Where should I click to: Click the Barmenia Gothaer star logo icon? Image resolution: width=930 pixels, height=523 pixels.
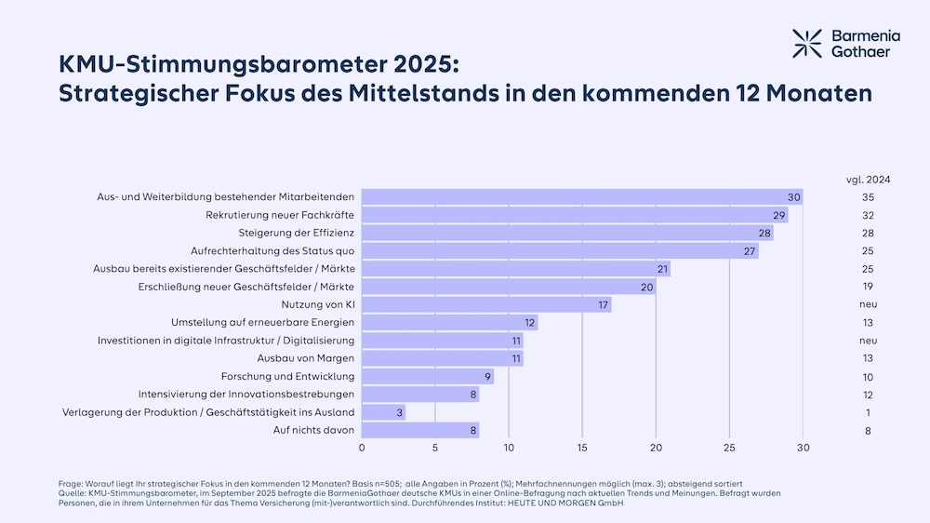(806, 43)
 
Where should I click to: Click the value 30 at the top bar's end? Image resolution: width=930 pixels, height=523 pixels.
(793, 197)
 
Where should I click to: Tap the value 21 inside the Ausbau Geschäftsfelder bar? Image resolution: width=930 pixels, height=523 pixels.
(662, 269)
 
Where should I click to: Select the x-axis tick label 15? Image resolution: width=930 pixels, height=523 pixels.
(582, 448)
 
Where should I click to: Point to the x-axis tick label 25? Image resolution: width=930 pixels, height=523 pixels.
(730, 448)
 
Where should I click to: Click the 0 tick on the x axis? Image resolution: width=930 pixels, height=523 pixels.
(362, 448)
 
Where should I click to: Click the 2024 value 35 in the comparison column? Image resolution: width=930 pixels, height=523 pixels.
(868, 197)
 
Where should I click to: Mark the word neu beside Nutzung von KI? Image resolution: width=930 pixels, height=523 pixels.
(868, 304)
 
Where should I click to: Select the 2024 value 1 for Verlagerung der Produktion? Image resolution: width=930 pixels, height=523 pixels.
(868, 412)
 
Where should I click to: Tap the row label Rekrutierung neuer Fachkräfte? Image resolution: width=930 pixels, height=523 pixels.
(280, 215)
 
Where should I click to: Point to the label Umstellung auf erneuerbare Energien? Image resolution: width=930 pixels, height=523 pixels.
(262, 322)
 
